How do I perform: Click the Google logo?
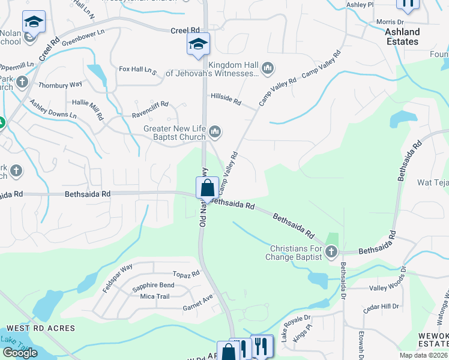[20, 353]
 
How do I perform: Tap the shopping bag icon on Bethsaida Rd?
[207, 187]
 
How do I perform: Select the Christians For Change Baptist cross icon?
[332, 252]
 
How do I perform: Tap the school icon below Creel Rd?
[198, 44]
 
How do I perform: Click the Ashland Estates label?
[402, 37]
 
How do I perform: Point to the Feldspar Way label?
[117, 278]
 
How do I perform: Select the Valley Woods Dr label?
[387, 287]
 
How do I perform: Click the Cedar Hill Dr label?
[381, 307]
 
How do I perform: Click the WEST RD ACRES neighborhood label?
[41, 328]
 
